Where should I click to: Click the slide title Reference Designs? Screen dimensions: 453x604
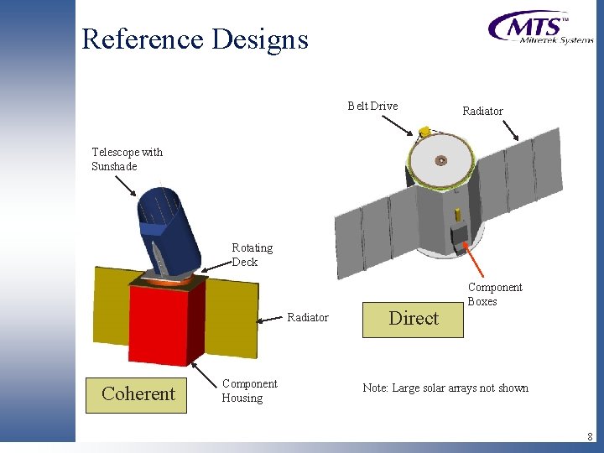(195, 39)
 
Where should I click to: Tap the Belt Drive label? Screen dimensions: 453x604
(372, 106)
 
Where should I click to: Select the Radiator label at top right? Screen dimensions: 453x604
(482, 111)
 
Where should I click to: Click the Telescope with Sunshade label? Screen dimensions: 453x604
(127, 159)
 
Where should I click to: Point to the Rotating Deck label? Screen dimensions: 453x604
(252, 254)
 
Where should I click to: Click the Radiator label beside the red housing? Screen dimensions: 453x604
(308, 317)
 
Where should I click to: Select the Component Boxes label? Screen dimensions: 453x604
(494, 294)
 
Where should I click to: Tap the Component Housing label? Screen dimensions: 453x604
(249, 391)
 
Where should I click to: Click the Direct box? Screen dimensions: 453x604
(413, 318)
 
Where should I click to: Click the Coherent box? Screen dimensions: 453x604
(138, 393)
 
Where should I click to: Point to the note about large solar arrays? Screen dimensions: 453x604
(445, 388)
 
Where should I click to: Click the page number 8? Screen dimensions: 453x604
(590, 436)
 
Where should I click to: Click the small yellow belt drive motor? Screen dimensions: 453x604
(425, 131)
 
